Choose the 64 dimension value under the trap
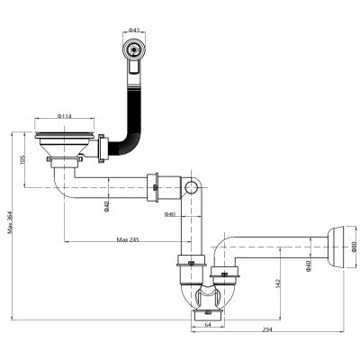click(207, 325)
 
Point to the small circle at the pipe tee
click(190, 187)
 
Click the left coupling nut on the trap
click(186, 265)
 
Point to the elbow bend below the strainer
click(64, 184)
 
